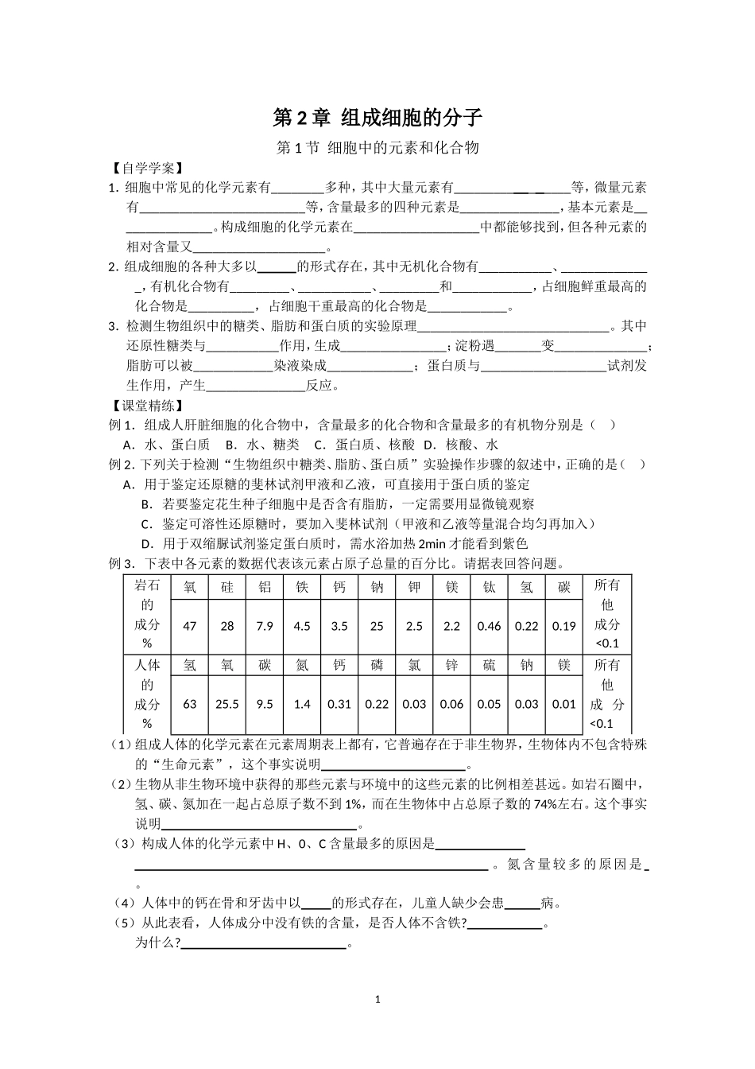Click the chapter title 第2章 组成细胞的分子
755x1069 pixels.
click(377, 118)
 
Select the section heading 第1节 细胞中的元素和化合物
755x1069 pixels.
click(377, 148)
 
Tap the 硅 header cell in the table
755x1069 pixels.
click(227, 587)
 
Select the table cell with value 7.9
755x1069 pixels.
click(265, 626)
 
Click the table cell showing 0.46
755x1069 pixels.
click(489, 626)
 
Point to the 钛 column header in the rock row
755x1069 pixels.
click(489, 587)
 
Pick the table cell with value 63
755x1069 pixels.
click(189, 704)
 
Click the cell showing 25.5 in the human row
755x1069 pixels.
click(227, 704)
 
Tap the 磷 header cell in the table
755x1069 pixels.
click(377, 665)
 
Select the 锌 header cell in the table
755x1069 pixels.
click(451, 665)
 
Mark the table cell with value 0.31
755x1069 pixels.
click(339, 704)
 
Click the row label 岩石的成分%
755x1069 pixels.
click(147, 614)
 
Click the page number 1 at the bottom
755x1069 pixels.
click(377, 999)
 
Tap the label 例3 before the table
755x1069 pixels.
click(121, 564)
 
